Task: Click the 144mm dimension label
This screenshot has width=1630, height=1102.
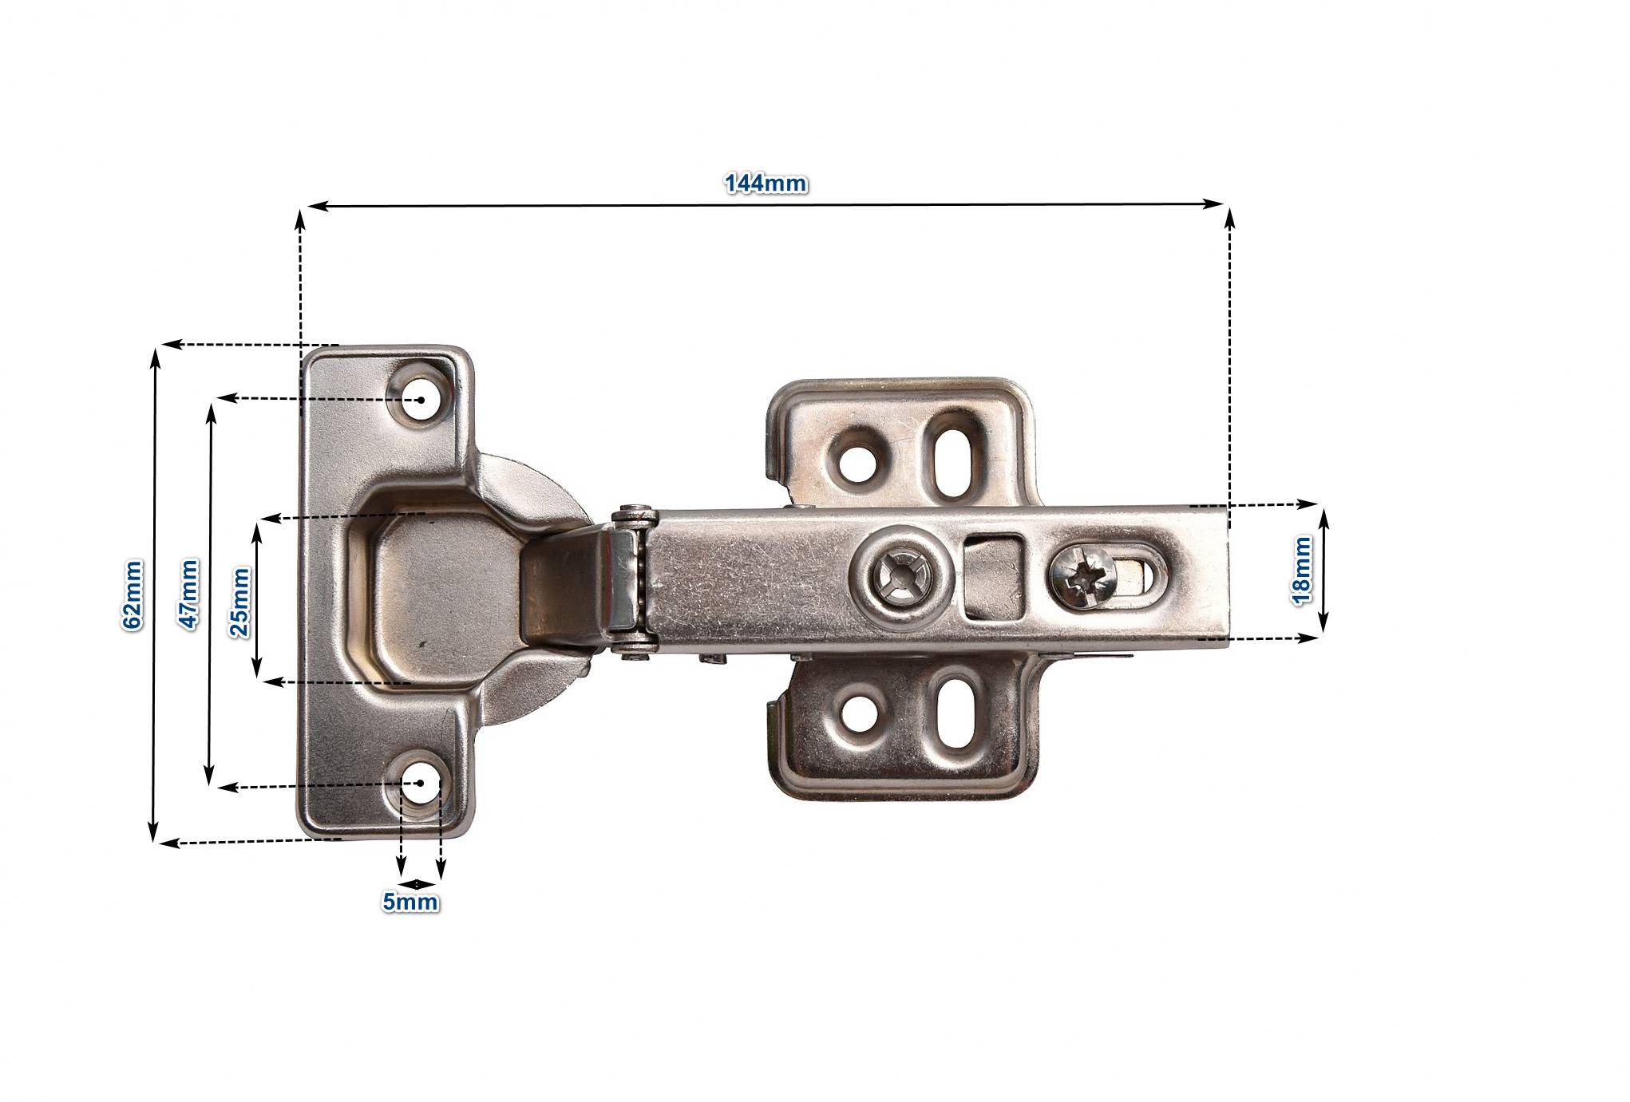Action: tap(766, 184)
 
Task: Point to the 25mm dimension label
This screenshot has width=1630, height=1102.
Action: tap(239, 601)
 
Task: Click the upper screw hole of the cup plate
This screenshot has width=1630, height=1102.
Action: tap(420, 400)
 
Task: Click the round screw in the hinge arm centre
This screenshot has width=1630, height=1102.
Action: tap(900, 572)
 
